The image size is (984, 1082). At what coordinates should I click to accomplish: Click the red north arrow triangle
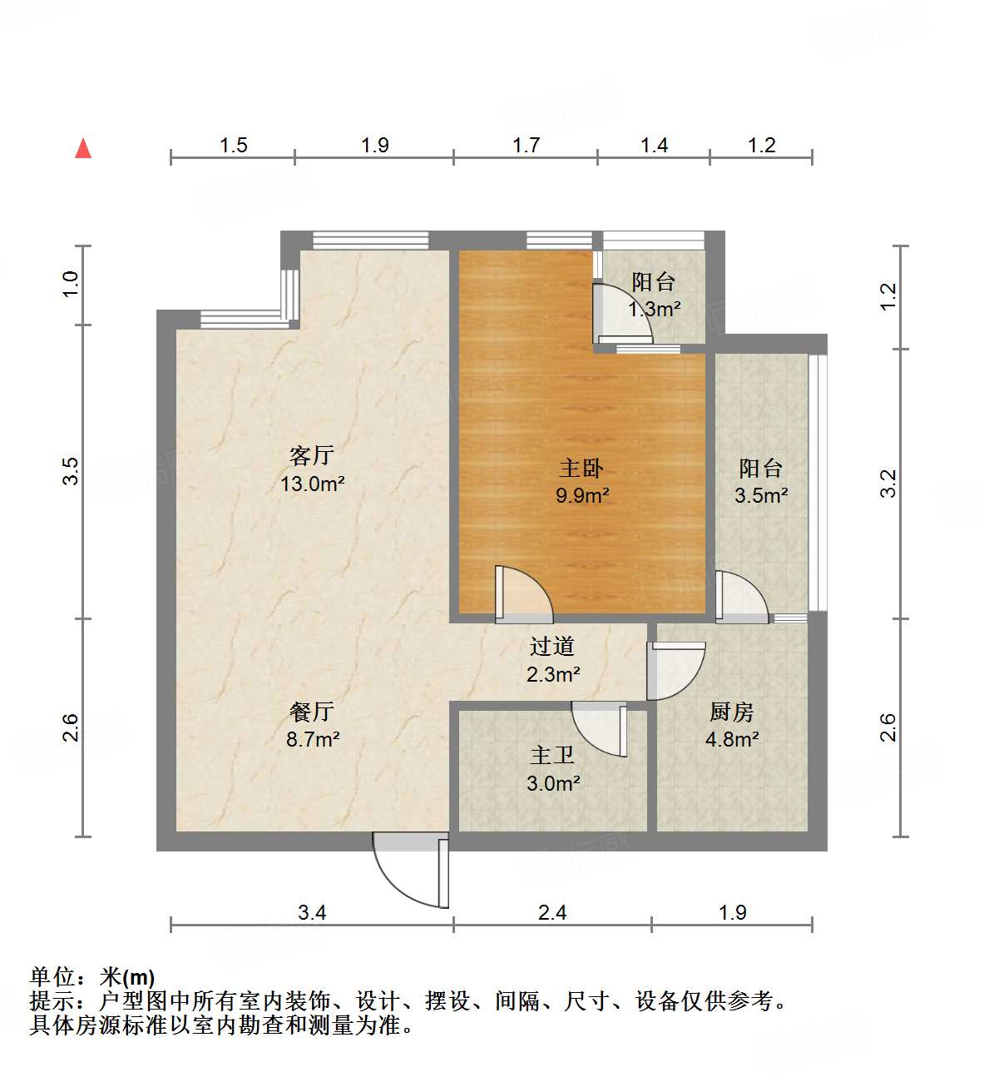83,148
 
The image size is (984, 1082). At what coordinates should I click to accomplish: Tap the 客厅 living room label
312,454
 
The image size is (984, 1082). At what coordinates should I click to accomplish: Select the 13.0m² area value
312,483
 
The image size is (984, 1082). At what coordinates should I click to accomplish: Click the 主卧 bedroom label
581,468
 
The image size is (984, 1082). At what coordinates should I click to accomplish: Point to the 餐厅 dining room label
312,711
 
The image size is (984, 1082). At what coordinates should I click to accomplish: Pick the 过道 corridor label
552,646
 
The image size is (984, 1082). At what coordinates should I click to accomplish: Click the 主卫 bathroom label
552,755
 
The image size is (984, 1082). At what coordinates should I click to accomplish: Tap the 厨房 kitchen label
732,712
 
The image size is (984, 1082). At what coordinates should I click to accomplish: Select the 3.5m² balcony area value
760,496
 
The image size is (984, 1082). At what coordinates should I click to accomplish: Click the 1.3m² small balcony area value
655,310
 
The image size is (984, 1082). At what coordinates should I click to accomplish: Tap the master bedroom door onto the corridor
522,594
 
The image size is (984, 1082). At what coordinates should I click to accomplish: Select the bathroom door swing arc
599,729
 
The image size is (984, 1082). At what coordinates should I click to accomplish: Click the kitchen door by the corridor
675,671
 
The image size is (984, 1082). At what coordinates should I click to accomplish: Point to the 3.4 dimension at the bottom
312,912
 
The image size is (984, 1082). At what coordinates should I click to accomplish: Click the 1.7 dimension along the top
526,146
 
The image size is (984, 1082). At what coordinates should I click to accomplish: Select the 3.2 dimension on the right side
888,484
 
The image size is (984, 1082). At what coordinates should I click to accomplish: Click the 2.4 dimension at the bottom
552,912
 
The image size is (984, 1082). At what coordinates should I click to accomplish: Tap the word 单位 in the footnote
52,976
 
